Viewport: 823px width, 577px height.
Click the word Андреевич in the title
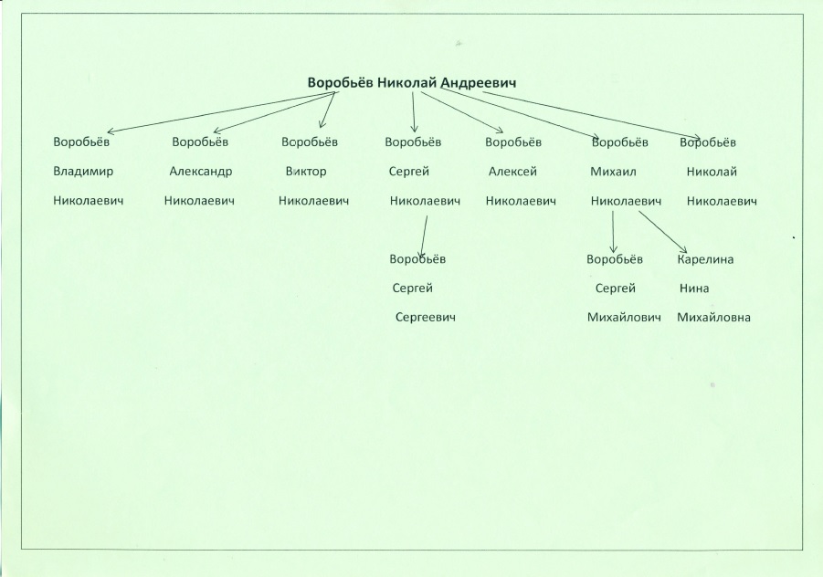pos(478,83)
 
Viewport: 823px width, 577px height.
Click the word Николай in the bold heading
pos(407,83)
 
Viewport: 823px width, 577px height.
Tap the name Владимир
pos(83,172)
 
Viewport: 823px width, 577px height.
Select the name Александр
pos(201,172)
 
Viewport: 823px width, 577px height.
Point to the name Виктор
pos(306,172)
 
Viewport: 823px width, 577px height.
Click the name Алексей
pos(512,172)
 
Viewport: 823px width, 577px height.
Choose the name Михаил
pos(613,172)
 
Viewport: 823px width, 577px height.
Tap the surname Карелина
pos(705,259)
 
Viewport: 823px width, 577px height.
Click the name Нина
pos(694,288)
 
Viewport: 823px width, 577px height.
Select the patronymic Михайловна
pos(713,318)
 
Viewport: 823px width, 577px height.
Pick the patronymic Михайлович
pos(624,318)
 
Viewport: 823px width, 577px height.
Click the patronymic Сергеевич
pos(426,318)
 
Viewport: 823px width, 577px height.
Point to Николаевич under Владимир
pos(89,200)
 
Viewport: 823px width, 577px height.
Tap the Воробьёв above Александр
pos(200,142)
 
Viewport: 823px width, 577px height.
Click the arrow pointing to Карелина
pos(662,232)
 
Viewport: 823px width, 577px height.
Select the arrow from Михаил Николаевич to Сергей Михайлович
pos(613,232)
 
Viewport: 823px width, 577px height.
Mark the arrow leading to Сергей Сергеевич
pos(424,236)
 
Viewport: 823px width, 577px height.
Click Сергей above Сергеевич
pos(413,288)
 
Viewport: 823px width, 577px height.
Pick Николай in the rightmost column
pos(712,172)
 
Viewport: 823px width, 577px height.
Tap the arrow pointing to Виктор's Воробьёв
pos(328,110)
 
